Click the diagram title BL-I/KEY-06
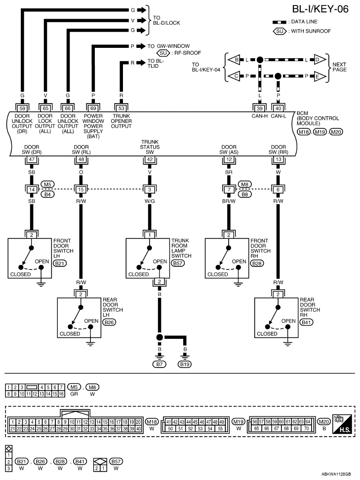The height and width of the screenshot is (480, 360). [320, 9]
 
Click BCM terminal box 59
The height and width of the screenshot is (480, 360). [22, 108]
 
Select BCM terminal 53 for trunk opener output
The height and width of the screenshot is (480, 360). [121, 108]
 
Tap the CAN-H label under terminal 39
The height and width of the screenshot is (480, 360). [260, 116]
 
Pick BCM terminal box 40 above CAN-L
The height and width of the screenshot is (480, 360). [278, 108]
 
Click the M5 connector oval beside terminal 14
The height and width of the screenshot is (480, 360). [47, 185]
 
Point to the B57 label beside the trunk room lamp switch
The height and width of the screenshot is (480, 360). [178, 263]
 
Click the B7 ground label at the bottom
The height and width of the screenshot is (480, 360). [160, 364]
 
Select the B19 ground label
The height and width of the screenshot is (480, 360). [185, 364]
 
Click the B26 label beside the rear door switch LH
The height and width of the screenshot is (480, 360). [109, 322]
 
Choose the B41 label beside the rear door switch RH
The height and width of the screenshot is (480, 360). [306, 322]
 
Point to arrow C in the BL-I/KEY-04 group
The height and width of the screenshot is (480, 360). [234, 76]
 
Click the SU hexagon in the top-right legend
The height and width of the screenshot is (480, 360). [280, 31]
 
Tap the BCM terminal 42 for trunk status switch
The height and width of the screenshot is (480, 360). [150, 159]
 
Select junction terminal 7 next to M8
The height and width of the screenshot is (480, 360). [229, 189]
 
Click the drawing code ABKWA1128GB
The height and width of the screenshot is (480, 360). [336, 474]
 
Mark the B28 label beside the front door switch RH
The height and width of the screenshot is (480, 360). [257, 263]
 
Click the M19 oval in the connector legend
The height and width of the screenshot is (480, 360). [239, 422]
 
